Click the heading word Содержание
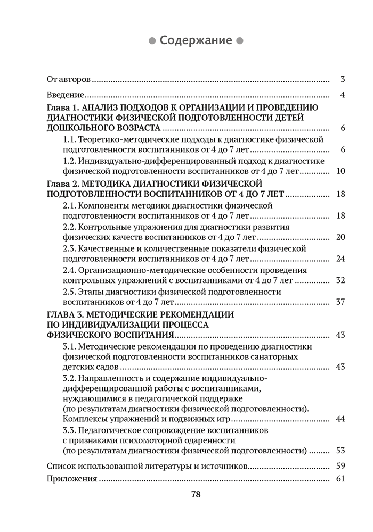(x=196, y=40)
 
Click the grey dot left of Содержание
(x=151, y=41)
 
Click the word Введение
(x=64, y=95)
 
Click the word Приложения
(x=71, y=479)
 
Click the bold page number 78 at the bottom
(x=196, y=494)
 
